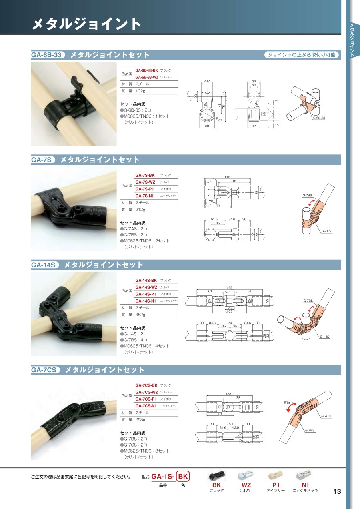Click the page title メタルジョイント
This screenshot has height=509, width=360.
86,24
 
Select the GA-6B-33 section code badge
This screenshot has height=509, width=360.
48,55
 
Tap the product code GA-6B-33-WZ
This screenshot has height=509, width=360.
147,77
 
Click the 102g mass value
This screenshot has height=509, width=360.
140,91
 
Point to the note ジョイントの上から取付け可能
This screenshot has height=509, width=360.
302,55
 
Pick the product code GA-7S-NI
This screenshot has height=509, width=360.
144,196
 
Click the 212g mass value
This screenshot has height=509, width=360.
140,210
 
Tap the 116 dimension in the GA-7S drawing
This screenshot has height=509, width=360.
227,177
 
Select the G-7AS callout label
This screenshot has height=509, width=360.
326,231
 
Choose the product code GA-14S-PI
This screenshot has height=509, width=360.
146,294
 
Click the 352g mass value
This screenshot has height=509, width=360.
140,315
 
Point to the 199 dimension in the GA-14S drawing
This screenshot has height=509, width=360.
230,287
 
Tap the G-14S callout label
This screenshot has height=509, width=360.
324,337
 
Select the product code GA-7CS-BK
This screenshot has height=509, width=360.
146,385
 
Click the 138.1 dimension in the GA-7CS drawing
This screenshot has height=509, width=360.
230,394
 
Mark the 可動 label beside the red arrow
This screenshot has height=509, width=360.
287,403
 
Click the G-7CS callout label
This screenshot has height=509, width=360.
326,416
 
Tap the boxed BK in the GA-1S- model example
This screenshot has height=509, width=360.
183,476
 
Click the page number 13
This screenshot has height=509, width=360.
337,491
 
